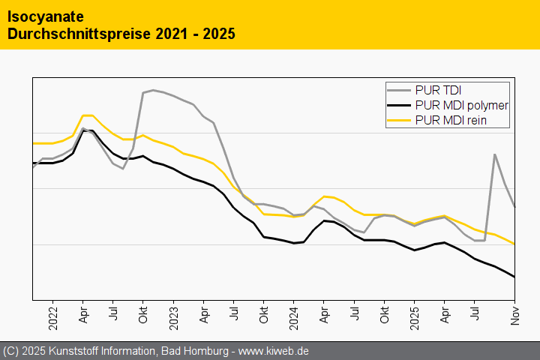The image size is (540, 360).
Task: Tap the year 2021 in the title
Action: pos(174,34)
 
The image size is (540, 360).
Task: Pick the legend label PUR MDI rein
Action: pos(451,120)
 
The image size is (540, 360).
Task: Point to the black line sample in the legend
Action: pos(400,106)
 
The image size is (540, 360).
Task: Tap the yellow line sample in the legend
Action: pos(400,120)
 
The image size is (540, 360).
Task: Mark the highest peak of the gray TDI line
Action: pos(153,90)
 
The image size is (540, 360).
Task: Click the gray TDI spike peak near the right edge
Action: pos(495,154)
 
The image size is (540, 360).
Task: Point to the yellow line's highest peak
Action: pos(87,115)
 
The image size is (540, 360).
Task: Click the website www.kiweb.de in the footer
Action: pos(274,351)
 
